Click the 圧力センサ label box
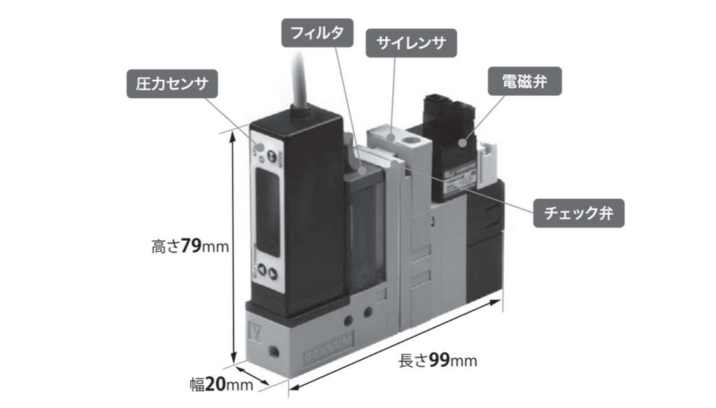point(172,85)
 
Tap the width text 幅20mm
point(221,384)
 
